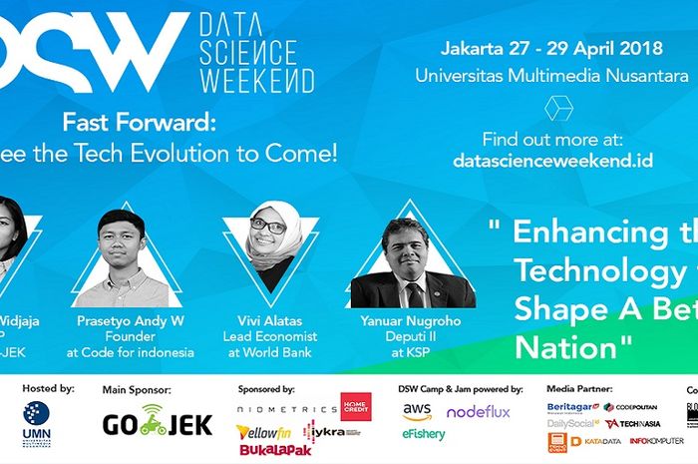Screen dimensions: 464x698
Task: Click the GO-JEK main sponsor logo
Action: (158, 424)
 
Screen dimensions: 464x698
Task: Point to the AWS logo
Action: (418, 411)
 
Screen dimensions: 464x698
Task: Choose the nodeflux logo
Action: (479, 411)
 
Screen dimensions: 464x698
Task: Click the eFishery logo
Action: (424, 435)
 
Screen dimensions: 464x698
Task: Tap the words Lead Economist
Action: (270, 336)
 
